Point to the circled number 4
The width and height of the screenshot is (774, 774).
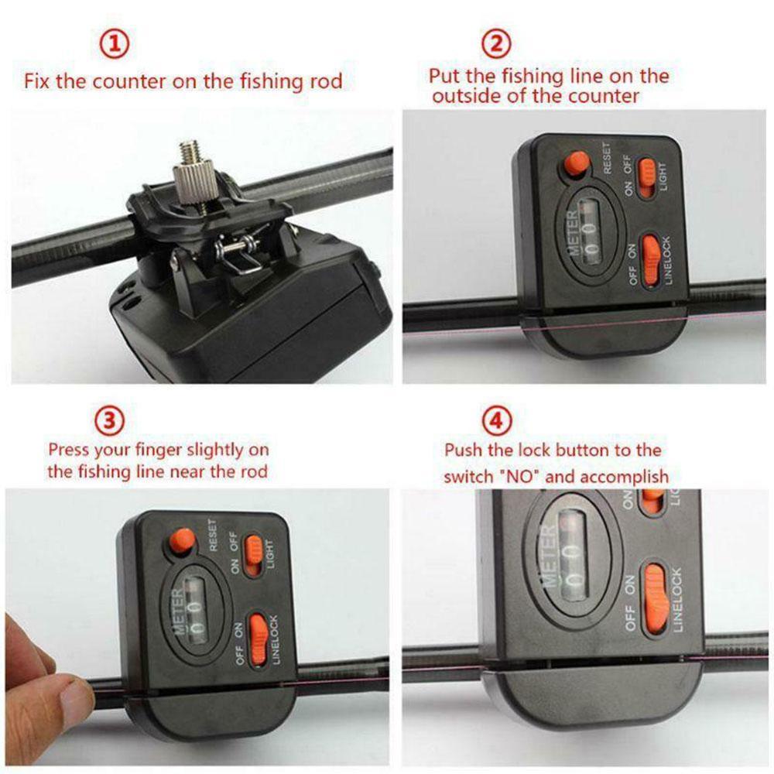pyautogui.click(x=496, y=422)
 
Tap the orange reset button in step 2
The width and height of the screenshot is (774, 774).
pyautogui.click(x=577, y=163)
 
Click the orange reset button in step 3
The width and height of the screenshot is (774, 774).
pyautogui.click(x=183, y=540)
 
